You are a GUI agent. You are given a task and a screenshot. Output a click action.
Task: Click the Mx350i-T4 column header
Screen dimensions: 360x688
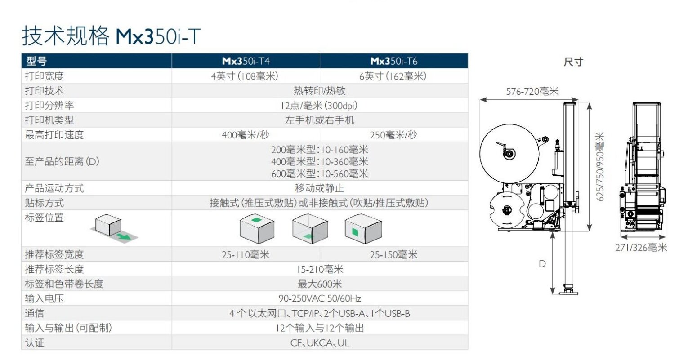tap(246, 61)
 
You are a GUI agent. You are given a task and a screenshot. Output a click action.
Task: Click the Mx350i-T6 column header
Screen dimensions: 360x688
tap(393, 61)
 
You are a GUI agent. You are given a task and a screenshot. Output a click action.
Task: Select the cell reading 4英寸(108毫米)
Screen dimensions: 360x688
tap(246, 76)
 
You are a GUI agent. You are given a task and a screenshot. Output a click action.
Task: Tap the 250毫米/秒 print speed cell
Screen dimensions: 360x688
tap(393, 135)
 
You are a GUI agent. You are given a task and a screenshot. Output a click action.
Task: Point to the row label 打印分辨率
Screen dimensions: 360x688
tap(49, 106)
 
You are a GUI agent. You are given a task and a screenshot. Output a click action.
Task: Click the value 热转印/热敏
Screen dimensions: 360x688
tap(319, 91)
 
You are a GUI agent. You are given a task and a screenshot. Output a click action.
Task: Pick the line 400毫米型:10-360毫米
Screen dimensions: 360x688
tap(319, 162)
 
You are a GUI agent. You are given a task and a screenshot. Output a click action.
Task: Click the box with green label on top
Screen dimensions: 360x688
tap(257, 228)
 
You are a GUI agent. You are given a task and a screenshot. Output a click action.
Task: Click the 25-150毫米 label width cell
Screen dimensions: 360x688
tap(393, 255)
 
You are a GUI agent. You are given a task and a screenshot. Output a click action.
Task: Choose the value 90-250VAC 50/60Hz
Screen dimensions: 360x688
tap(319, 298)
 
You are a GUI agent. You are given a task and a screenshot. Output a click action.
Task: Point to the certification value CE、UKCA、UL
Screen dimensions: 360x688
tap(319, 343)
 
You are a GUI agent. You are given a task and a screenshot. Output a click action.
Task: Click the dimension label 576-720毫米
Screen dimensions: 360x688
tap(532, 92)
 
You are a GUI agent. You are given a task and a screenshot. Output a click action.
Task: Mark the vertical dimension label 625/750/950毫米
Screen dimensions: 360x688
tap(600, 166)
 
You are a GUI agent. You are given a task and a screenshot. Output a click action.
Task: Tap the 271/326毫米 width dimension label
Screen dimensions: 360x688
tap(641, 248)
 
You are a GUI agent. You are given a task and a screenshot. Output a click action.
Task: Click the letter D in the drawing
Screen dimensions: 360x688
tap(542, 264)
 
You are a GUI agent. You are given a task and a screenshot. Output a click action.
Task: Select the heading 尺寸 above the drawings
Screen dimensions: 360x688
tap(573, 62)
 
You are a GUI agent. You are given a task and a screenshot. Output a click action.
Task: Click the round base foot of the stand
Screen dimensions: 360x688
tap(569, 292)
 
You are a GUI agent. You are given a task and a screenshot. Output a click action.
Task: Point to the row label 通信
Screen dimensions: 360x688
tap(35, 313)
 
